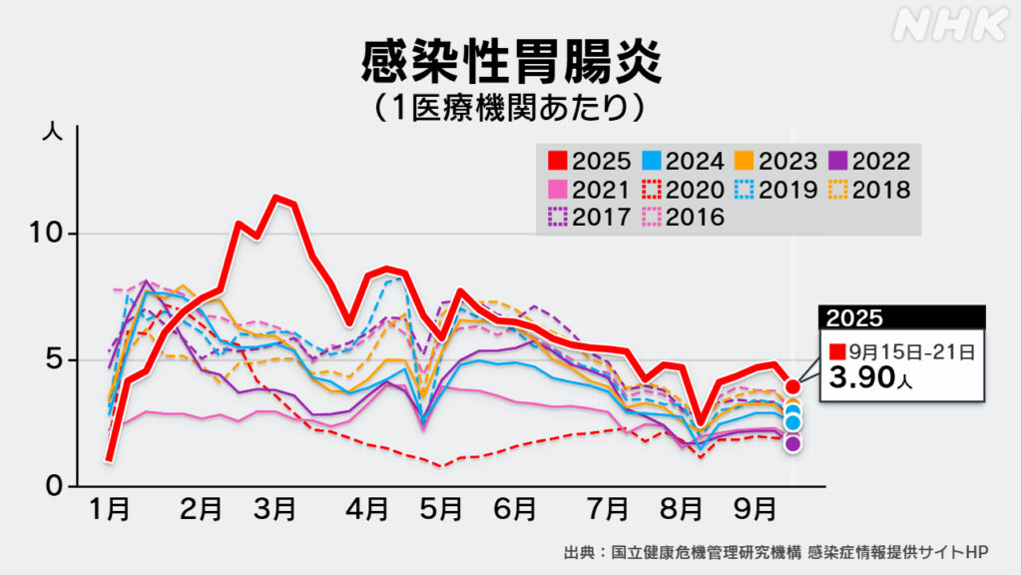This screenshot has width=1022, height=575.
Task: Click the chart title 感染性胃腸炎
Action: point(510,62)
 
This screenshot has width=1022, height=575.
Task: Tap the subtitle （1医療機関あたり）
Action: point(510,107)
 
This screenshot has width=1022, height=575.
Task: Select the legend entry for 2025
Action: point(589,160)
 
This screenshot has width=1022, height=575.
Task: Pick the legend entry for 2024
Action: point(683,160)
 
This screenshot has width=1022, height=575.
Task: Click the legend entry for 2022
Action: point(867,160)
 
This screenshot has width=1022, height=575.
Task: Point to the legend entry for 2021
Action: point(589,188)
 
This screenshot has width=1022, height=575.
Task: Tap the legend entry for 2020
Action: point(683,188)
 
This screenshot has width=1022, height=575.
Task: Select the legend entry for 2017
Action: point(589,215)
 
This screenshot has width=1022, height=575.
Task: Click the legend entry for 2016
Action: point(683,215)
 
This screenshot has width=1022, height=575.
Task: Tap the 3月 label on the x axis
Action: point(274,510)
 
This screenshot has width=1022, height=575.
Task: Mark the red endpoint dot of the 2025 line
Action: point(792,386)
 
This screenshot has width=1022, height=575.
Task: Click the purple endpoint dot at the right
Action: point(792,443)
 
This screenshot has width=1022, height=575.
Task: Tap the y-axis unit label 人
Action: point(53,131)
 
